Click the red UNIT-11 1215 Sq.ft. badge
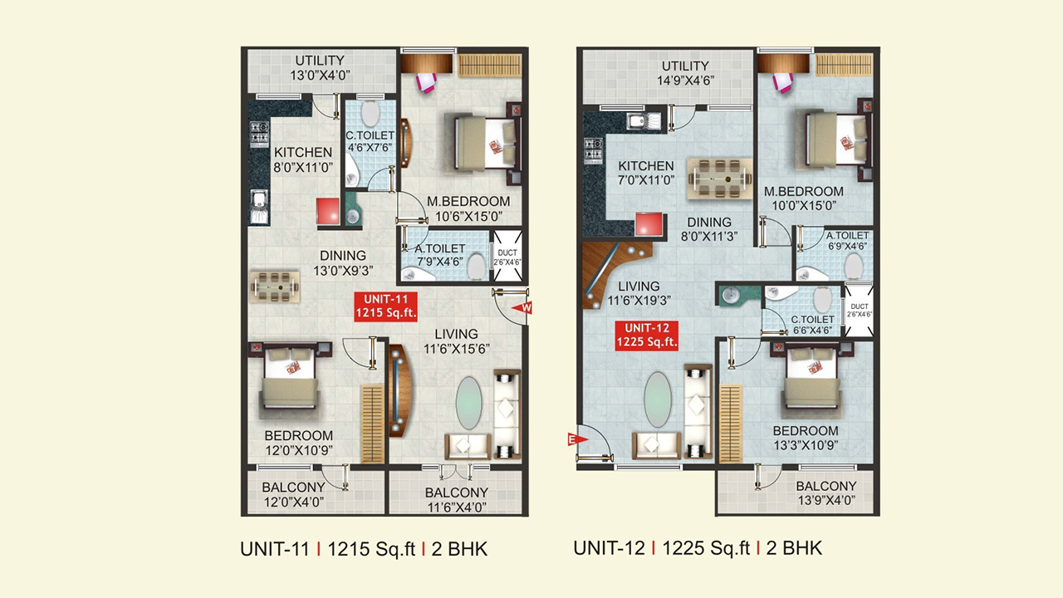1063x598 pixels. (386, 306)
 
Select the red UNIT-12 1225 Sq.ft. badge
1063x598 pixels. (646, 336)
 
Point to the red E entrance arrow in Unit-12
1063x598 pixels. (577, 439)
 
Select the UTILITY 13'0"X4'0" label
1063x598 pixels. (320, 68)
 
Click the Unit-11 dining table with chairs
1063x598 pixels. (275, 287)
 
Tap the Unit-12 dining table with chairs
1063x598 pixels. (720, 179)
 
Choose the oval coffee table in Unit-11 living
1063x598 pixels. (469, 403)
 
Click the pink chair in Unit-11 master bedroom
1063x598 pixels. (426, 82)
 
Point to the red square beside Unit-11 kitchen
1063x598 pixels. (328, 211)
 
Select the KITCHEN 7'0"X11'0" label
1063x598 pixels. (646, 173)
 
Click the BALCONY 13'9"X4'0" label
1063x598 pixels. (826, 493)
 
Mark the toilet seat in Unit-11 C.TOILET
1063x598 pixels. (370, 113)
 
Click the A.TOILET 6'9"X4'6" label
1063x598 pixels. (848, 241)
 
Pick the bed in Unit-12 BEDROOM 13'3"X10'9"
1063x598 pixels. (812, 376)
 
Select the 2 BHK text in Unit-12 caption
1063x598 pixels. (794, 548)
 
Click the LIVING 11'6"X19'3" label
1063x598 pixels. (639, 293)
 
